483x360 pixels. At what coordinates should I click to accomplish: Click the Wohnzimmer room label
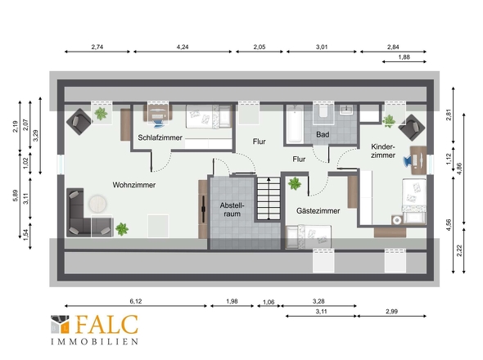click(134, 185)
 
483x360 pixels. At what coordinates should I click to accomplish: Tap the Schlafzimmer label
click(160, 137)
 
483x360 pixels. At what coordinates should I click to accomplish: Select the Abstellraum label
click(232, 209)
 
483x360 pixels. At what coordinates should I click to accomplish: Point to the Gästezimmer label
click(318, 211)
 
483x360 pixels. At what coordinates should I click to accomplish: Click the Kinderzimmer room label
click(383, 151)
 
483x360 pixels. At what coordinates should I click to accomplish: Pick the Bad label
click(323, 134)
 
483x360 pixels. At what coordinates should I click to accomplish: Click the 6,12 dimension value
click(136, 301)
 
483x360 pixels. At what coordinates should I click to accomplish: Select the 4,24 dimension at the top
click(183, 47)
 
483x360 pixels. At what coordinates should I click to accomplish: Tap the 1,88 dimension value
click(404, 57)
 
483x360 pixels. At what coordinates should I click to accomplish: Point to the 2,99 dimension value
click(391, 312)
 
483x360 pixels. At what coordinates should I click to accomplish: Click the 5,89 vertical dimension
click(16, 196)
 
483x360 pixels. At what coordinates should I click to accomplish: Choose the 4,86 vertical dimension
click(459, 169)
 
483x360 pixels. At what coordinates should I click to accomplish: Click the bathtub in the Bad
click(295, 124)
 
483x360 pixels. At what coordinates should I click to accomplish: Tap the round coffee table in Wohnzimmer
click(98, 204)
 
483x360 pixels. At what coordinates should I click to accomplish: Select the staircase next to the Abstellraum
click(269, 198)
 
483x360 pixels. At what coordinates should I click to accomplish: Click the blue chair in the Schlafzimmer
click(160, 122)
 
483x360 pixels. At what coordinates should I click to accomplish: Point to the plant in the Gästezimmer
click(295, 184)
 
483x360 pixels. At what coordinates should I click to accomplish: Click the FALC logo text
click(106, 324)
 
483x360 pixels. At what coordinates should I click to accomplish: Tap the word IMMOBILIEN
click(95, 341)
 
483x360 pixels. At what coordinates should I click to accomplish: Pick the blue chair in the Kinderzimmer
click(408, 160)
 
